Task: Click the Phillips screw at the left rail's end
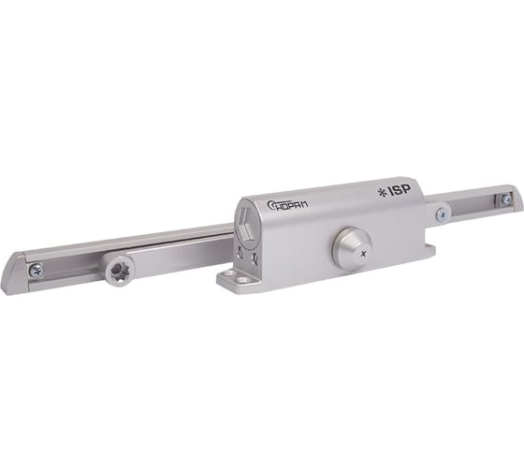36,270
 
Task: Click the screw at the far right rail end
506,199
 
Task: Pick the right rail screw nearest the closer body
442,214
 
